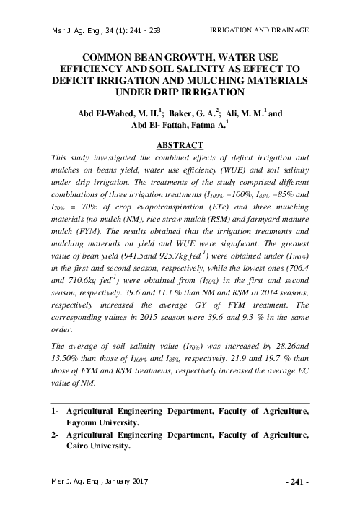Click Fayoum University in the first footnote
(109, 422)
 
